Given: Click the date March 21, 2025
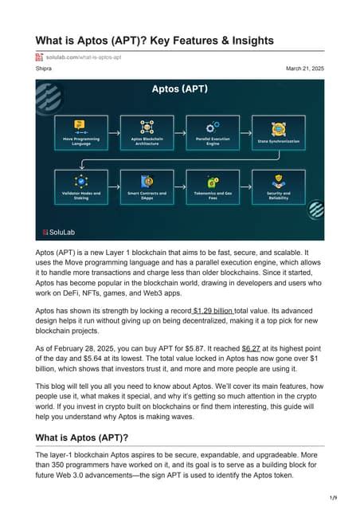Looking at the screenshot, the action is pyautogui.click(x=304, y=69).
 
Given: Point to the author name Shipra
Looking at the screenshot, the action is pyautogui.click(x=45, y=69).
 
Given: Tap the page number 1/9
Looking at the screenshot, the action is pyautogui.click(x=332, y=497).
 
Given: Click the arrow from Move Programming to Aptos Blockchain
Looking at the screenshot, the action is pyautogui.click(x=113, y=127).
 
